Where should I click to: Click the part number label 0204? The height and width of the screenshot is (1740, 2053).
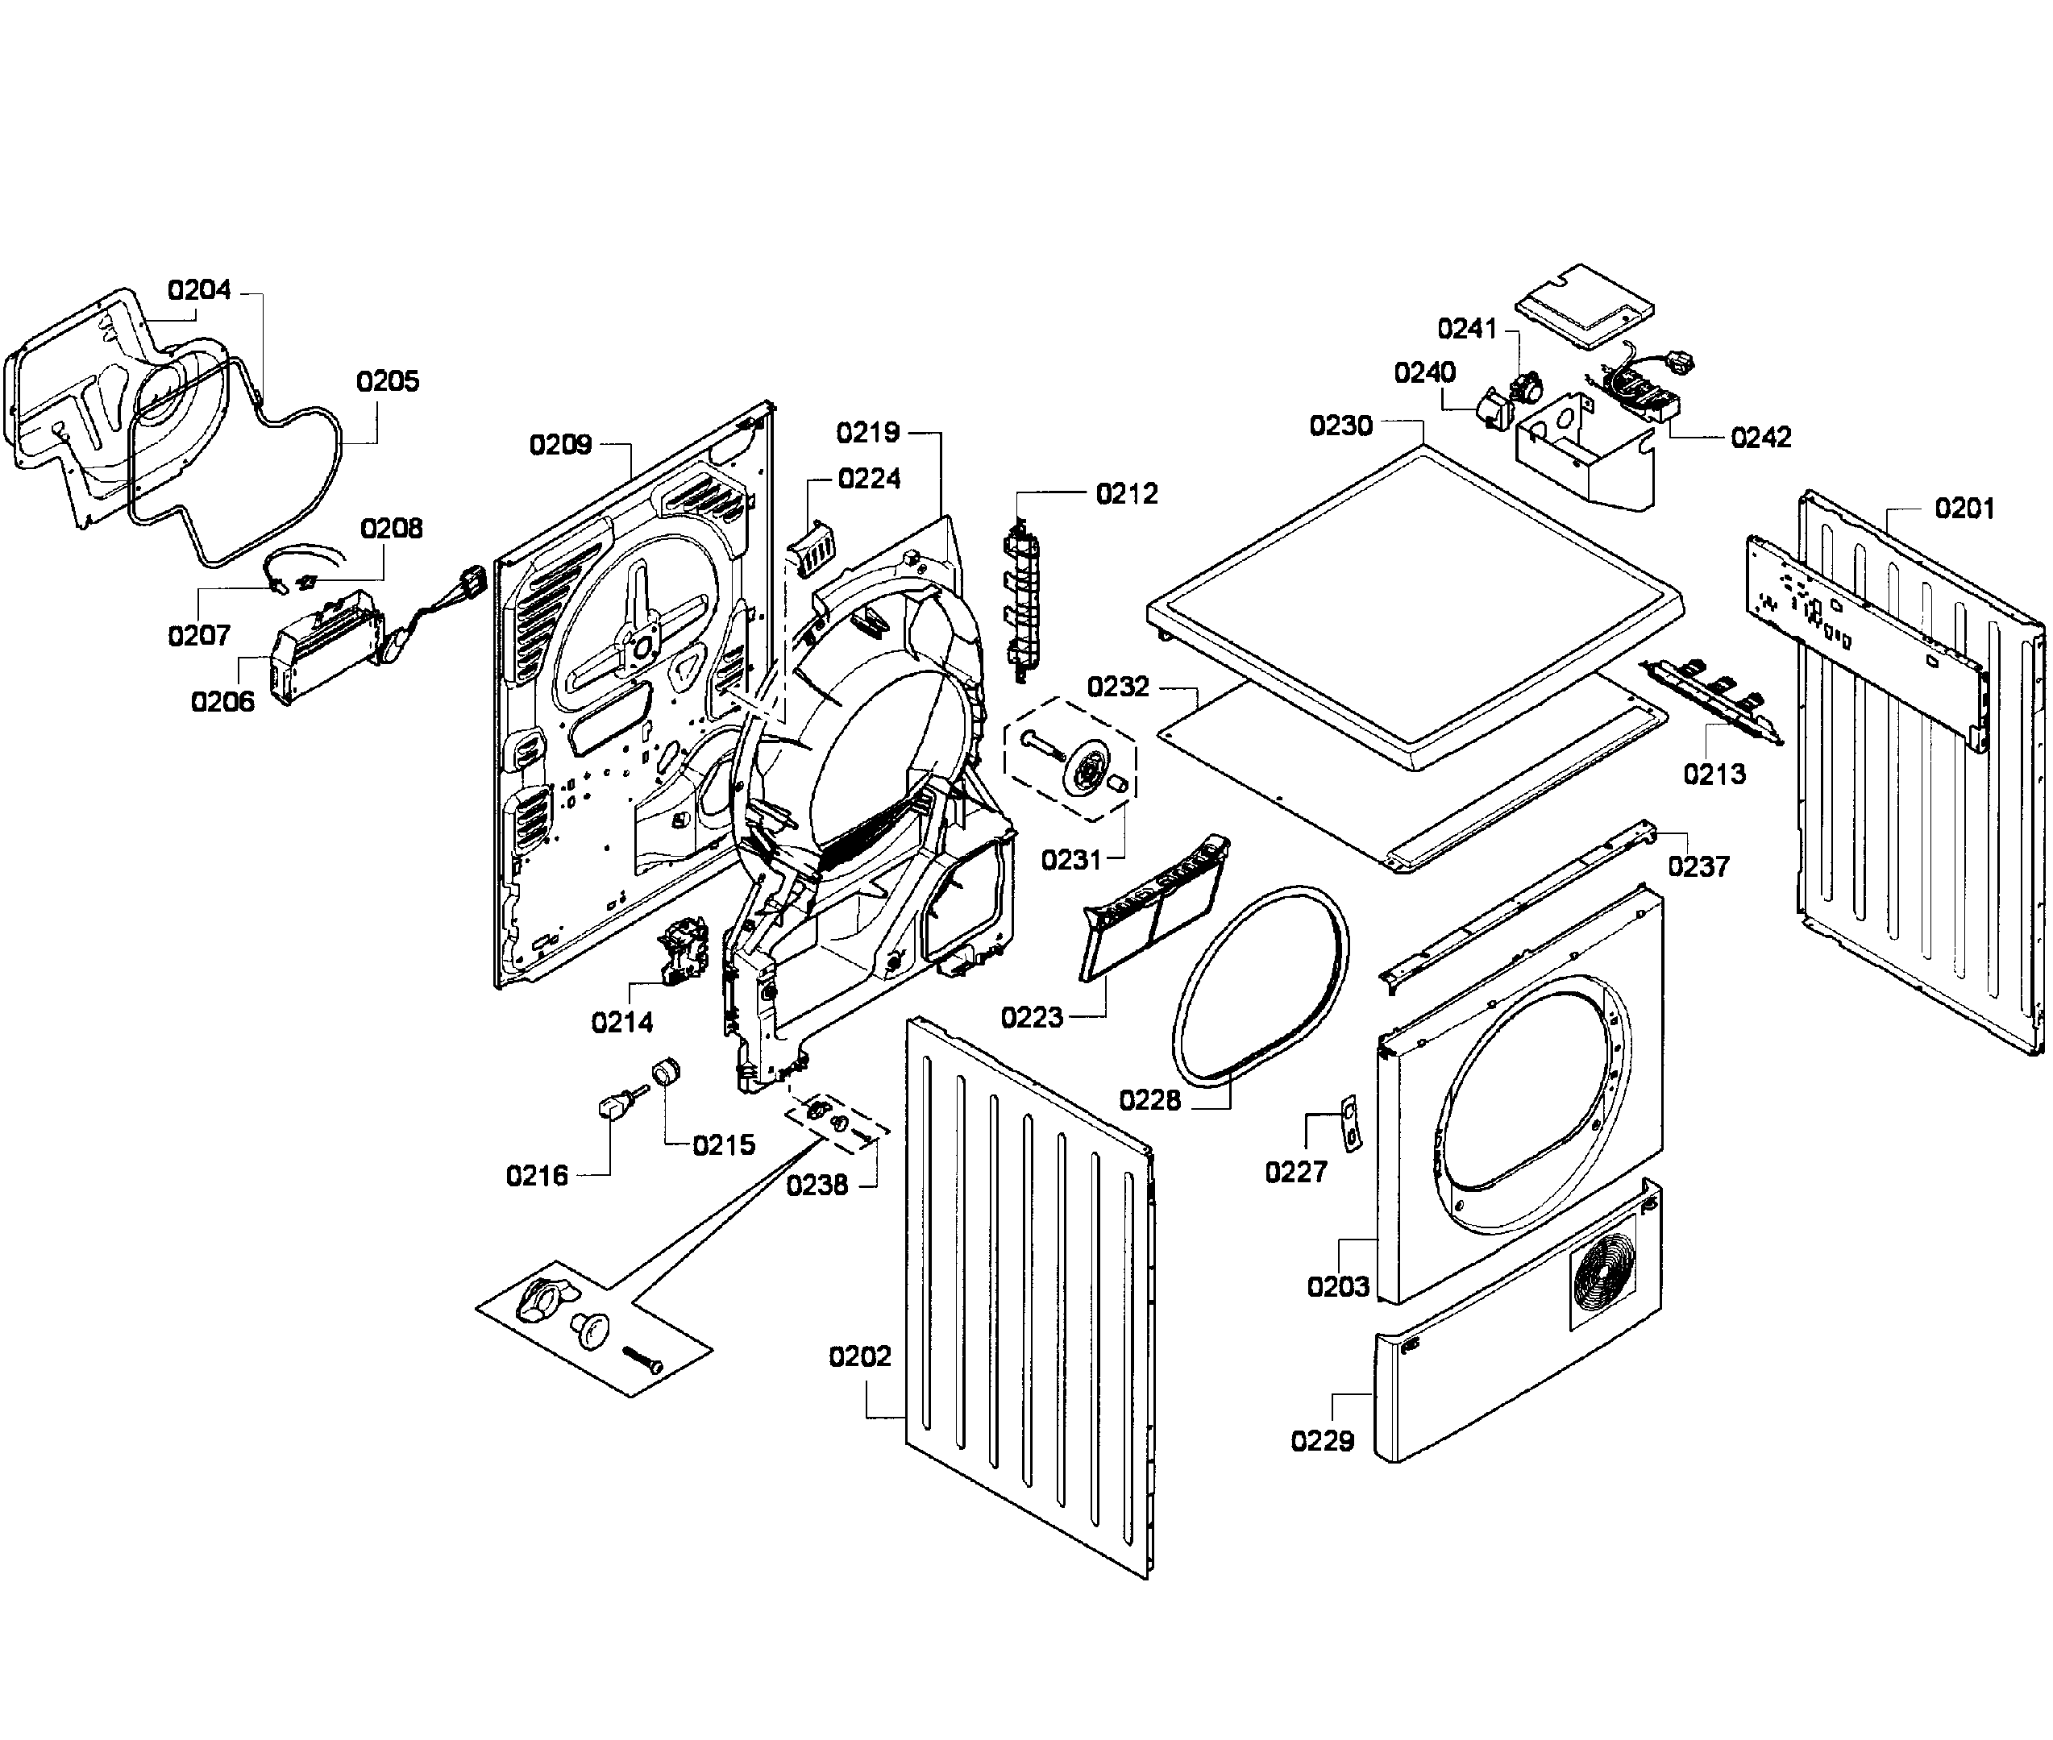pos(199,290)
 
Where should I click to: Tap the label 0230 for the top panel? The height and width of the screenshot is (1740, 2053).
pos(1340,426)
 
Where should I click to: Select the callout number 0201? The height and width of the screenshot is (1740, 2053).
pos(1964,509)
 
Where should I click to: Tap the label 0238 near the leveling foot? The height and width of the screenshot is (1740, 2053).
pos(817,1186)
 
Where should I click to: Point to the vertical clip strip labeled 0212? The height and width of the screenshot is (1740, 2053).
pos(1018,602)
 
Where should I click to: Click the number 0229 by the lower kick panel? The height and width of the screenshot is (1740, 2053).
pos(1322,1441)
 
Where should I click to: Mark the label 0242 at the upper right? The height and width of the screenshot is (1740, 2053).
pos(1761,437)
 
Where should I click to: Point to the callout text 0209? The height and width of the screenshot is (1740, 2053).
pos(560,445)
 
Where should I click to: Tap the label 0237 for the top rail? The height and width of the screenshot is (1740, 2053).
pos(1698,867)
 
